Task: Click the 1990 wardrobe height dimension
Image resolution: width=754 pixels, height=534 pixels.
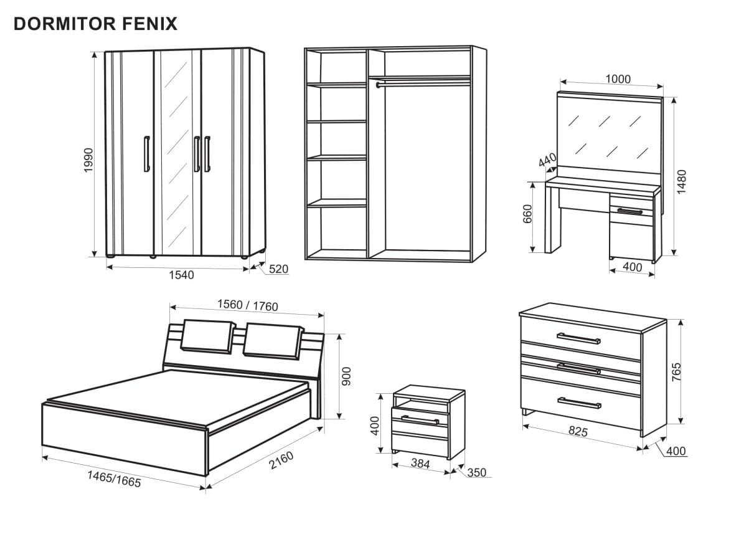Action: pyautogui.click(x=88, y=160)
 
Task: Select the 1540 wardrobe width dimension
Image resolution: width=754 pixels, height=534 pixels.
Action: pyautogui.click(x=181, y=275)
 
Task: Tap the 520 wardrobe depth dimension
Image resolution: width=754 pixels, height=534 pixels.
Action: pyautogui.click(x=279, y=269)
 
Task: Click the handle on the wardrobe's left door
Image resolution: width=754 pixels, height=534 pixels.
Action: pyautogui.click(x=146, y=153)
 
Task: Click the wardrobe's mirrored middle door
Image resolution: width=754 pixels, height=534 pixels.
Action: pyautogui.click(x=177, y=153)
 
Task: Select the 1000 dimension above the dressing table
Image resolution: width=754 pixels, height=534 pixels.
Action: pyautogui.click(x=618, y=79)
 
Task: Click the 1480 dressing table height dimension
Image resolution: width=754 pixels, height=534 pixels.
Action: pyautogui.click(x=682, y=181)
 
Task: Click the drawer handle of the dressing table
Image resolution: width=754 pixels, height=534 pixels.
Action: pyautogui.click(x=630, y=212)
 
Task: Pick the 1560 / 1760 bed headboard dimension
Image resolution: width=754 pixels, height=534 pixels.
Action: pyautogui.click(x=247, y=305)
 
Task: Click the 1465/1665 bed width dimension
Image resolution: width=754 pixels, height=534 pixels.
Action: pyautogui.click(x=114, y=479)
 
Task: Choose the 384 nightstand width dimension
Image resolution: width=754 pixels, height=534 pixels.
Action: pyautogui.click(x=420, y=464)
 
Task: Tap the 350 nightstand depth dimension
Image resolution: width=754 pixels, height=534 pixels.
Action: pyautogui.click(x=476, y=473)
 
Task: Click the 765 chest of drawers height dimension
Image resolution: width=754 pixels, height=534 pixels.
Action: pyautogui.click(x=677, y=371)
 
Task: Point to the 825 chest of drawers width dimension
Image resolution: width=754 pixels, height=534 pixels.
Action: pyautogui.click(x=578, y=431)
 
